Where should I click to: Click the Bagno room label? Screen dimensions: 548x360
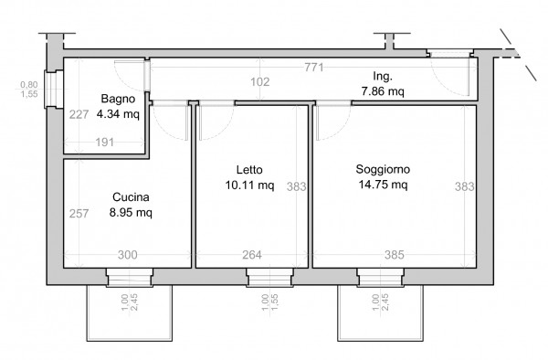point(118,99)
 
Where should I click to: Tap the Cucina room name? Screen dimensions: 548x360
point(131,197)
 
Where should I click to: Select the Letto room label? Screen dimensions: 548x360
point(249,170)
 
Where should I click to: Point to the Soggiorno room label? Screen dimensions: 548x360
point(383,170)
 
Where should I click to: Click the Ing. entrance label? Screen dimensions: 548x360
point(383,76)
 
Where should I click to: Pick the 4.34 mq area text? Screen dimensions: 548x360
point(118,114)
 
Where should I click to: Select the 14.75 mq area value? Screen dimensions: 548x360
point(383,185)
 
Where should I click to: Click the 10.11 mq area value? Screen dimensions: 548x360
point(249,185)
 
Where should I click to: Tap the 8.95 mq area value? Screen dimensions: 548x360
point(131,213)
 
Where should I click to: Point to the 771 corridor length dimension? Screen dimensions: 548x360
point(314,67)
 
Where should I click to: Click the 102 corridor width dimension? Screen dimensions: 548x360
point(260,82)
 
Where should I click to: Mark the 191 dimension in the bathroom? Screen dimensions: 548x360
point(105,143)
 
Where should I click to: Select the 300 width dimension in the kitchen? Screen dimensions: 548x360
point(128,255)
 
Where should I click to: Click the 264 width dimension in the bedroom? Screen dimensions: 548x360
point(252,255)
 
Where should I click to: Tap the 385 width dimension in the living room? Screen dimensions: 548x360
point(395,255)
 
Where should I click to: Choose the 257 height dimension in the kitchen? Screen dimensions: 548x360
point(79,213)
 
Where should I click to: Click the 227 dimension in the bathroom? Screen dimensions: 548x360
point(79,114)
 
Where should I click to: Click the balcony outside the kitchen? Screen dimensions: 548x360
point(130,312)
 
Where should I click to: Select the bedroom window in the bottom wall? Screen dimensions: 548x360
point(269,278)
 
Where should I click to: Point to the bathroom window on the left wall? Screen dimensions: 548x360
point(54,90)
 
